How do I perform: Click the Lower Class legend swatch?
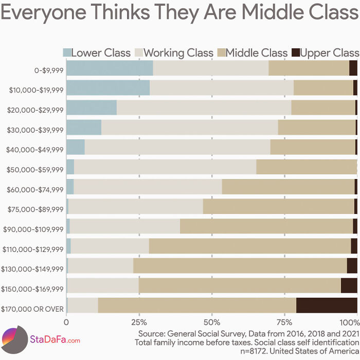coord(67,52)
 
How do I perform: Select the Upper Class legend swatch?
coord(296,52)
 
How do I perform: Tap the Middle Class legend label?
coord(257,52)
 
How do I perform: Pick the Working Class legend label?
coord(178,52)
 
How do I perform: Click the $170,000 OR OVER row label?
coord(33,309)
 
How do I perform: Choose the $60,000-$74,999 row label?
coord(35,189)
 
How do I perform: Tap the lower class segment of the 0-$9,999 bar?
coord(110,68)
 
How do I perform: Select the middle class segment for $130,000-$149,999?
coord(240,265)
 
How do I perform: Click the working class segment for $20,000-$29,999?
coord(204,107)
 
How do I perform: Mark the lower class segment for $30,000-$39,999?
coord(84,128)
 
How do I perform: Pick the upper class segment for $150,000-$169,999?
coord(349,285)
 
